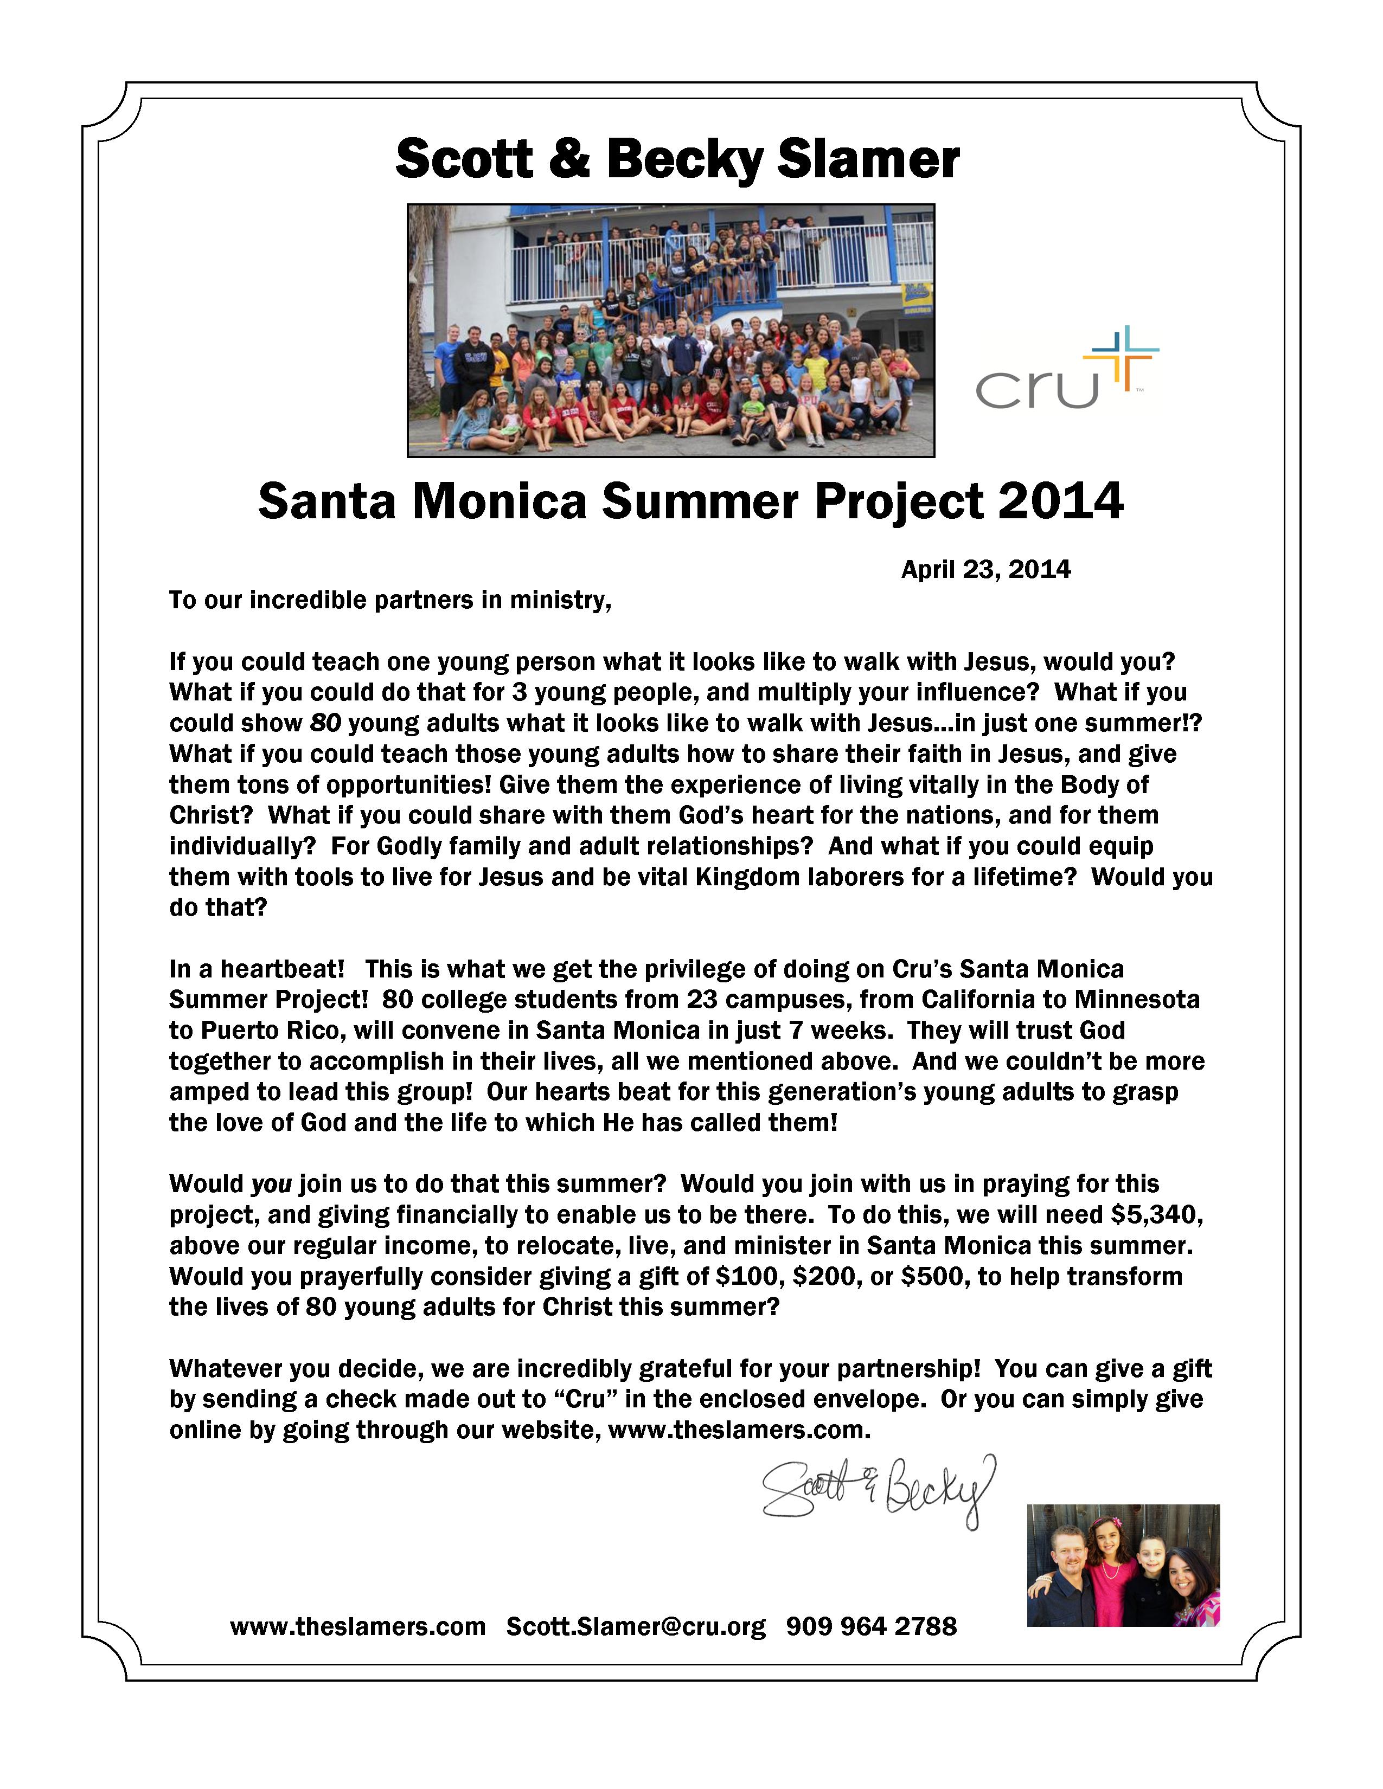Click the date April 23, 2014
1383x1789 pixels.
(985, 569)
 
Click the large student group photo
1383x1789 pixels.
(670, 330)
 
